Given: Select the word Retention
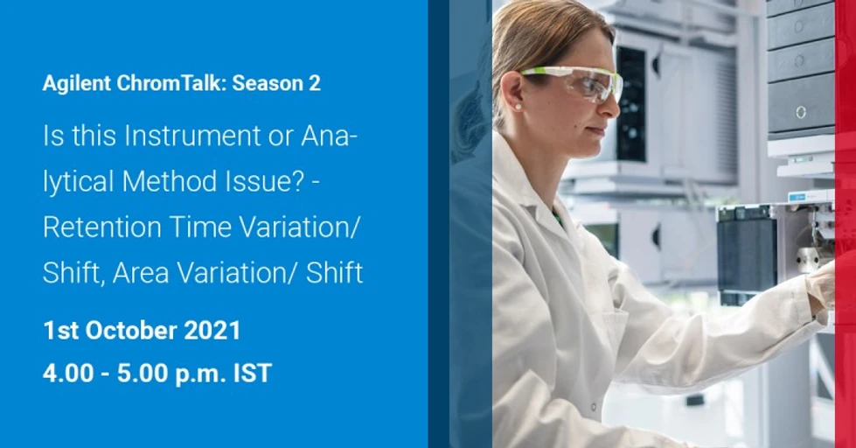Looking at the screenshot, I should [x=101, y=227].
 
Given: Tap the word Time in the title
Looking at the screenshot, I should [x=199, y=227].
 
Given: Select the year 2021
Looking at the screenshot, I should [x=212, y=331].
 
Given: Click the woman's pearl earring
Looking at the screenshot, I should [x=518, y=106].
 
